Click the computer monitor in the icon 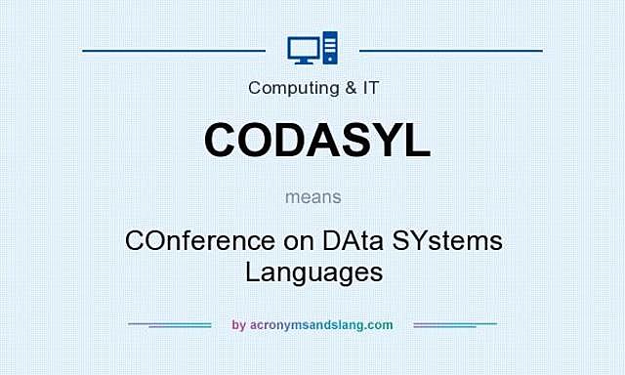pos(302,47)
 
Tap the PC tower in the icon pos(329,48)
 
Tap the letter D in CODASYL pos(291,140)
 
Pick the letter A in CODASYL pos(325,140)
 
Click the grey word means pos(312,196)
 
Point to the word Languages pos(312,271)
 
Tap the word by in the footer pos(239,325)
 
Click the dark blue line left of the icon pos(174,49)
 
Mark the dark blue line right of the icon pos(451,49)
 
